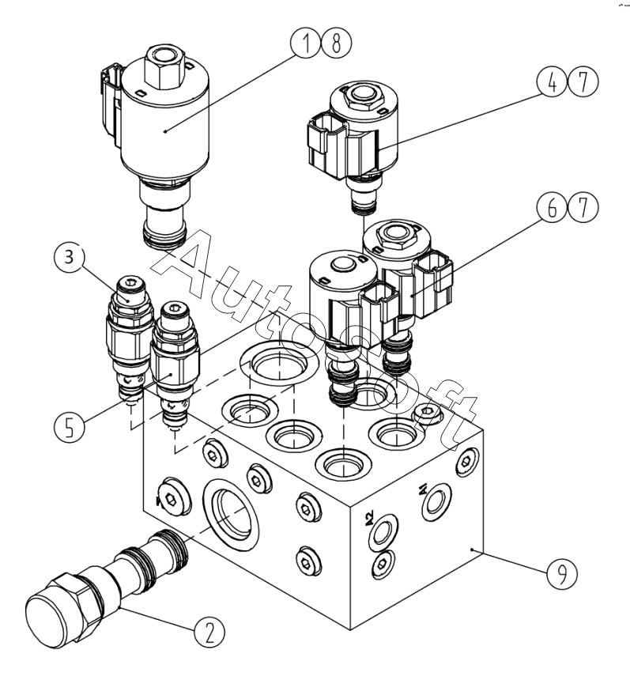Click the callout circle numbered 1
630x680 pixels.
306,43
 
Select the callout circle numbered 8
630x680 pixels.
336,43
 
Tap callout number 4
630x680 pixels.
552,82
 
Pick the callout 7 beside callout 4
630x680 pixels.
583,82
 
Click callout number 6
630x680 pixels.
552,207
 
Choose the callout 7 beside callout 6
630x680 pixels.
583,207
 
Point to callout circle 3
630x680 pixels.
70,257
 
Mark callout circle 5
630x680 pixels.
70,427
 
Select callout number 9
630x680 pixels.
562,573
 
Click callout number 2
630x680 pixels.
209,632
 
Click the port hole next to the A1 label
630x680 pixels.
436,502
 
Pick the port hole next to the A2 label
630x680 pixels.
383,532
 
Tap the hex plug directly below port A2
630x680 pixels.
383,564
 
